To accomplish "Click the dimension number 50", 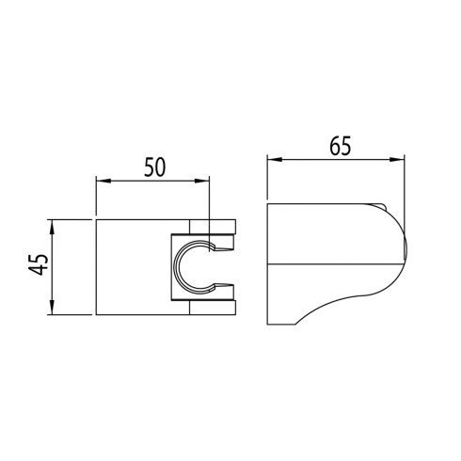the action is click(154, 167).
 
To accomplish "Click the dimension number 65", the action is click(341, 146).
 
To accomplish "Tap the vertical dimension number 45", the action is click(39, 264).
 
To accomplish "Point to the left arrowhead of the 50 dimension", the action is click(103, 181).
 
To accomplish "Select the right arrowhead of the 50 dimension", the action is click(201, 181).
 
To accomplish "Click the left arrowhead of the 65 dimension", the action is click(275, 160).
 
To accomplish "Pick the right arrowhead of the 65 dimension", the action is click(397, 160).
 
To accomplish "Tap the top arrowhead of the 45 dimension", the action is click(52, 228).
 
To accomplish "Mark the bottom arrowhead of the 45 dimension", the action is click(52, 308).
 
